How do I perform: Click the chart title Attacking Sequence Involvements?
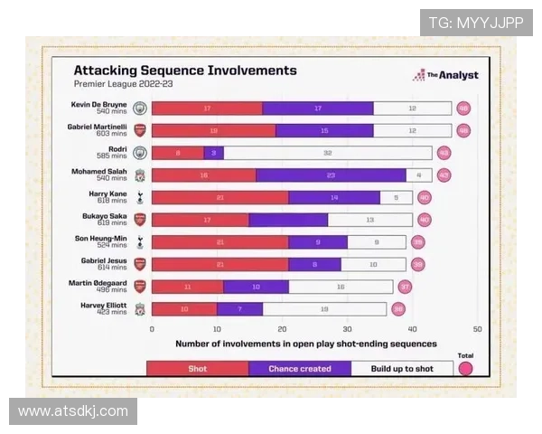184,71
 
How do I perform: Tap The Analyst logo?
446,75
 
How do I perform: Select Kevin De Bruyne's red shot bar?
207,108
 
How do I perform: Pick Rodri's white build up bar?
328,153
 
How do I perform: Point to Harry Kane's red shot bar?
220,197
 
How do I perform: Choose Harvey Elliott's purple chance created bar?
239,308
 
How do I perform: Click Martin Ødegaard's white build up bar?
341,287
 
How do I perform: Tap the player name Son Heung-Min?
101,238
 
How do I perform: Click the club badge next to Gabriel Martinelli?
140,130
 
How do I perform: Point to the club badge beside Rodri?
140,153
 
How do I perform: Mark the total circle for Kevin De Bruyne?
464,108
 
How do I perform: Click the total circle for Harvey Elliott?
398,308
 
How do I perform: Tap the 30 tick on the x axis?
347,330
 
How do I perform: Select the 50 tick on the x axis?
477,330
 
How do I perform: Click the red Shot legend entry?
197,369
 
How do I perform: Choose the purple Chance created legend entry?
299,369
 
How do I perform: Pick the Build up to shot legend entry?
401,369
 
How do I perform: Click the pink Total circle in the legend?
466,368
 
